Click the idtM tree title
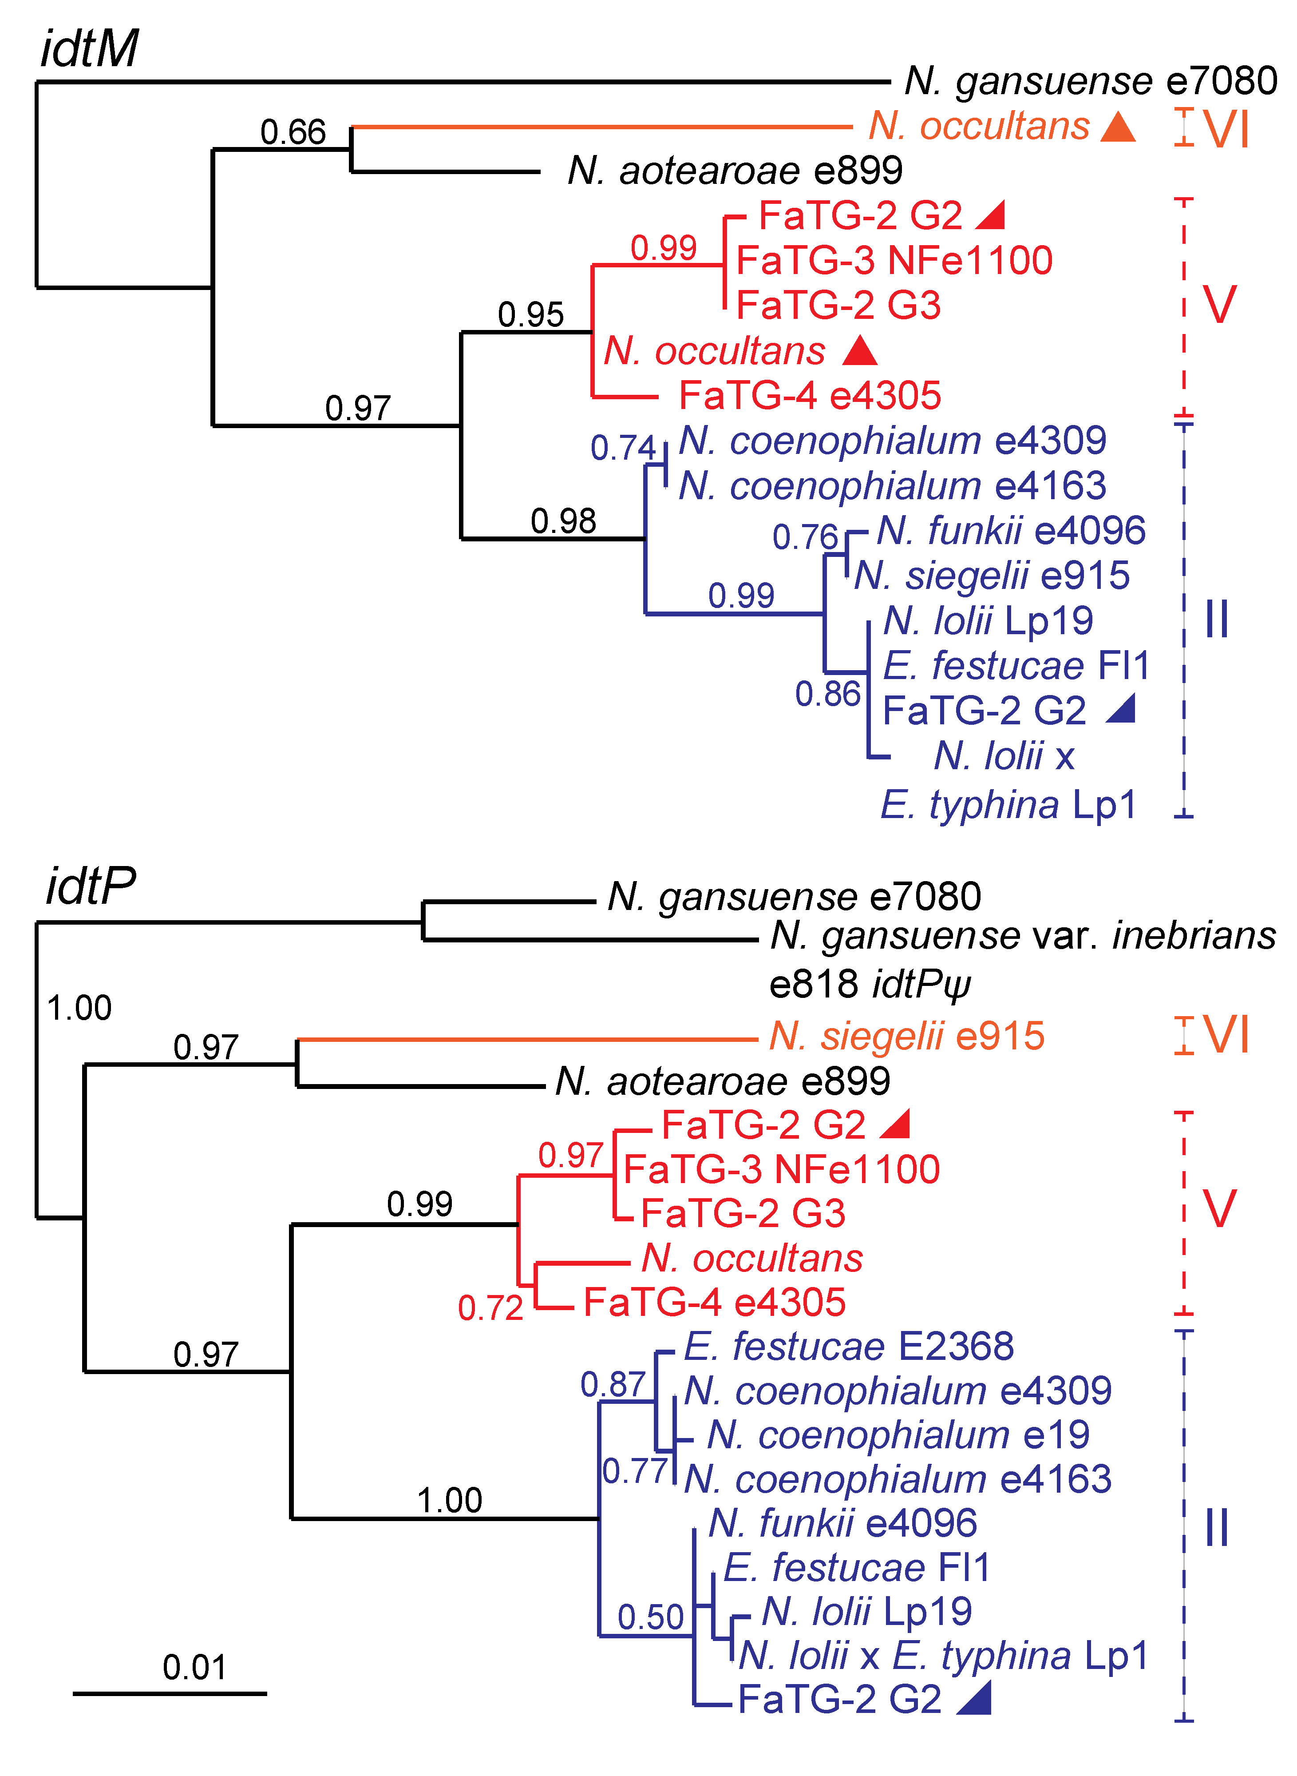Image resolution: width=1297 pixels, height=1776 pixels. coord(89,49)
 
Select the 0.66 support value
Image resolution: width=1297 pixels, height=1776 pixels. coord(293,132)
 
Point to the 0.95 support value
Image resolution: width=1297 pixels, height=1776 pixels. coord(531,315)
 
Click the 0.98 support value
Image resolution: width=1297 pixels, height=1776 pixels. coord(563,521)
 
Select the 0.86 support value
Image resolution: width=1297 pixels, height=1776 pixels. coord(827,695)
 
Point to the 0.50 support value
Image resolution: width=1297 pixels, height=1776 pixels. coord(650,1617)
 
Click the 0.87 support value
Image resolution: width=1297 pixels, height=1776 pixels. coord(613,1384)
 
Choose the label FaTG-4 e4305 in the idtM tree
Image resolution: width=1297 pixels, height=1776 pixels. coord(810,396)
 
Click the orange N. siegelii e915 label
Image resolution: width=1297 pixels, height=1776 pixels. coord(907,1036)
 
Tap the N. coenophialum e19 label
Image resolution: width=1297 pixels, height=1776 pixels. coord(898,1435)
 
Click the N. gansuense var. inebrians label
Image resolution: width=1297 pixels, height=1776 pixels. coord(1023,936)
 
